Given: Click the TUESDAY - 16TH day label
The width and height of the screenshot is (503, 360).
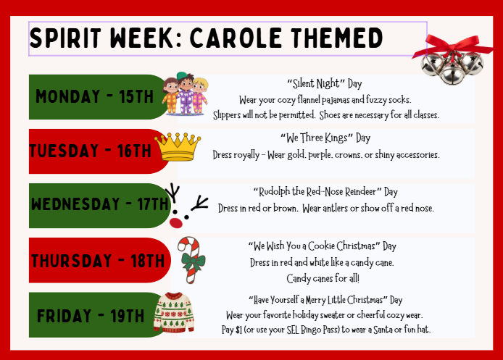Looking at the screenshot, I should (91, 151).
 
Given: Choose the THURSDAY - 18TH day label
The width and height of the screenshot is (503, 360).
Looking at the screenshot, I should (98, 260).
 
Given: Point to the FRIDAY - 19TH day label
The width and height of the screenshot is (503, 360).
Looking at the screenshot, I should (91, 315).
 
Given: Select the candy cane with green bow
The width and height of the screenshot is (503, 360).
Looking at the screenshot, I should (191, 259).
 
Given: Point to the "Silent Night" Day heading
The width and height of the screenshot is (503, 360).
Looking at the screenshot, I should (325, 83).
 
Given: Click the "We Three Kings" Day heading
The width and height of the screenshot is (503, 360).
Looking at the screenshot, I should (325, 138).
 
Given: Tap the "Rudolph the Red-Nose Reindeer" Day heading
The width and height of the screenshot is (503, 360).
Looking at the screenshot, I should (325, 192).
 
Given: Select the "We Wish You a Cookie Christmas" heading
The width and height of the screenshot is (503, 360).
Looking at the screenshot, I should (325, 246).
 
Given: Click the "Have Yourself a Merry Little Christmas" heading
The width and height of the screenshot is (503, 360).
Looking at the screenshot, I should (325, 300).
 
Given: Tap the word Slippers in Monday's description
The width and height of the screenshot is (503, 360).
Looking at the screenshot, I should (230, 115).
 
